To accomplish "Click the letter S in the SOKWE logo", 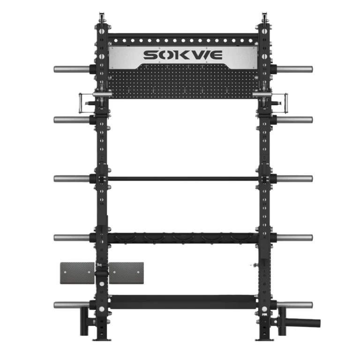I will click(x=151, y=56).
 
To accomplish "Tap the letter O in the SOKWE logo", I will click(x=167, y=56).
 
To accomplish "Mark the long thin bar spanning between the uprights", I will click(x=183, y=179).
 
